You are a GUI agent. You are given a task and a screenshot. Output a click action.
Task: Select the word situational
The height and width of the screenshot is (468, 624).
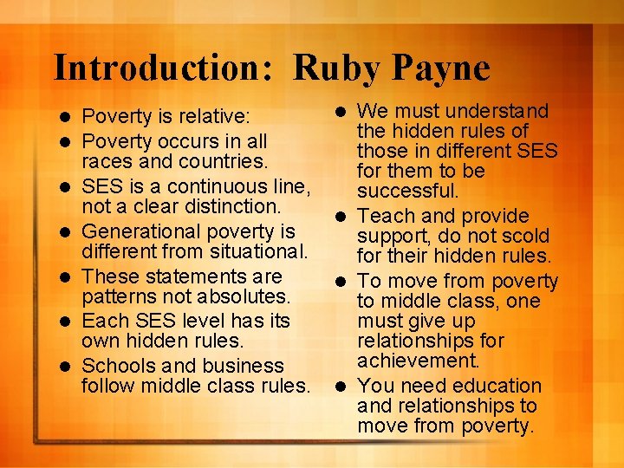click(257, 252)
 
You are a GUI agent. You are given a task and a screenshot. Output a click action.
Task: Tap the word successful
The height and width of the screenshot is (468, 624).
click(407, 191)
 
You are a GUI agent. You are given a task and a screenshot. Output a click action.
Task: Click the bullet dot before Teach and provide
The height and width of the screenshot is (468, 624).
click(344, 216)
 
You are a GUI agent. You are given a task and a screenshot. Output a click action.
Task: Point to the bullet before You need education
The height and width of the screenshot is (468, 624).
click(344, 386)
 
